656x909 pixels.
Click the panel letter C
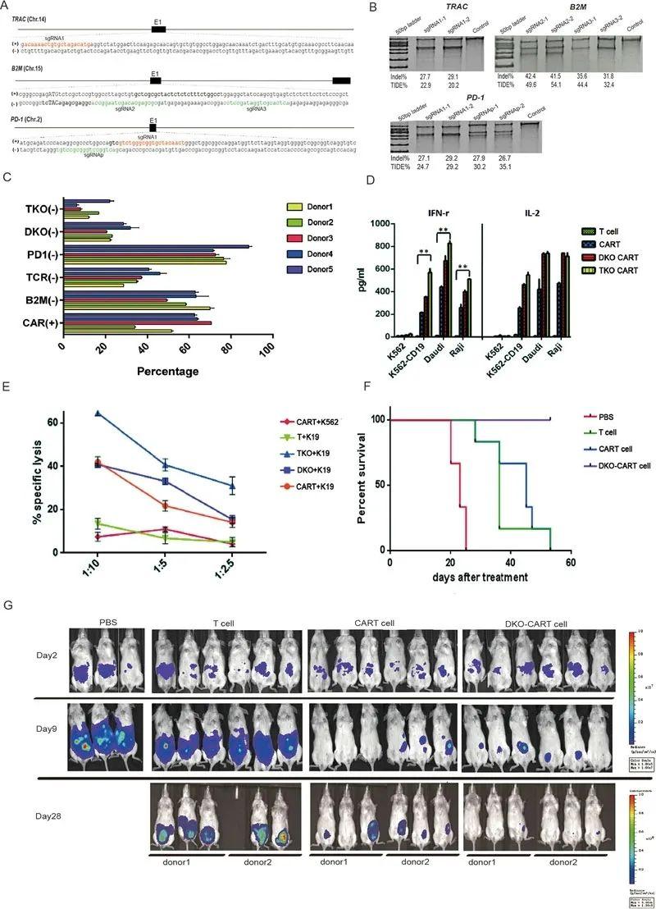(x=7, y=199)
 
